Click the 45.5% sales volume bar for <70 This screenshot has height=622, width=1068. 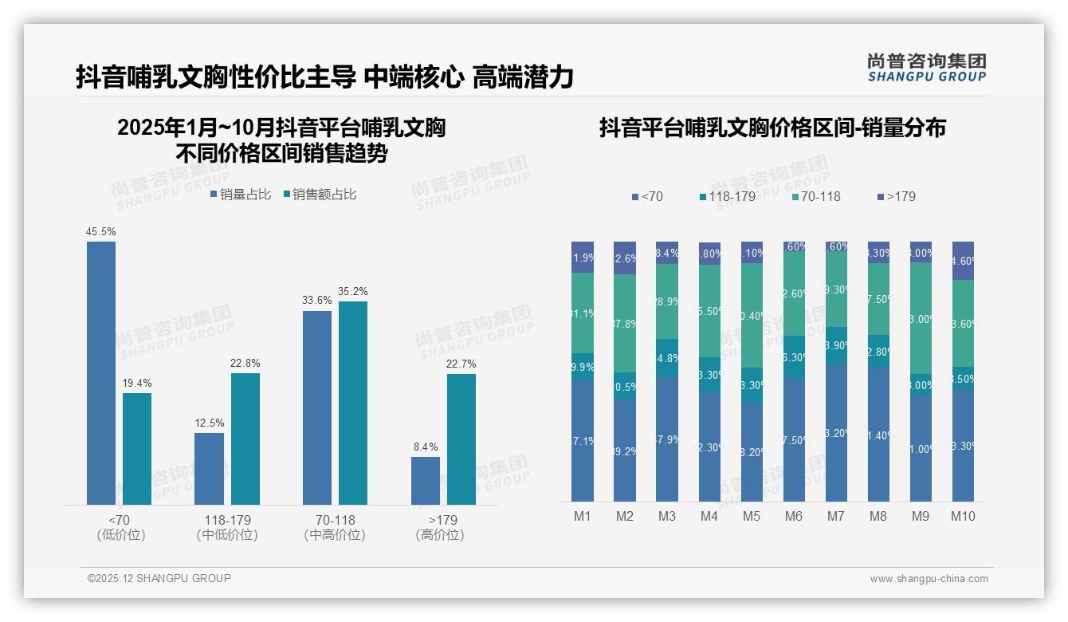tap(101, 372)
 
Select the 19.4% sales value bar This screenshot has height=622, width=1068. tap(137, 448)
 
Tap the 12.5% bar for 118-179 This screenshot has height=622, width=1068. tap(209, 468)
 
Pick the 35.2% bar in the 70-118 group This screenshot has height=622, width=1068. tap(353, 403)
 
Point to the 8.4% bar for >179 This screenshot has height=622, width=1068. tap(426, 480)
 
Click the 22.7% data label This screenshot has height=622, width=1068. tap(461, 364)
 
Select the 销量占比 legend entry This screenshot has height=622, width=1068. tap(241, 195)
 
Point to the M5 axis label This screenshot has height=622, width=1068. tap(752, 516)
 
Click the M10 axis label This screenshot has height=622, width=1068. tap(963, 516)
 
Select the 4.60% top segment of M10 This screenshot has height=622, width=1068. tap(963, 261)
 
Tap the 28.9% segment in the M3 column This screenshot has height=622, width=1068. tap(667, 301)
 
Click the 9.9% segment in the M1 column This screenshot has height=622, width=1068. tap(583, 366)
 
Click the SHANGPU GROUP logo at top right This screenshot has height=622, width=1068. tap(927, 68)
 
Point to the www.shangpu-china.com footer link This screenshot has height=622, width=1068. tap(929, 579)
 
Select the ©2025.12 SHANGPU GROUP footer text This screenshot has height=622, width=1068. tap(159, 578)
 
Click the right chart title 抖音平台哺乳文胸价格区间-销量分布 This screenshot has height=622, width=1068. tap(772, 128)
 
